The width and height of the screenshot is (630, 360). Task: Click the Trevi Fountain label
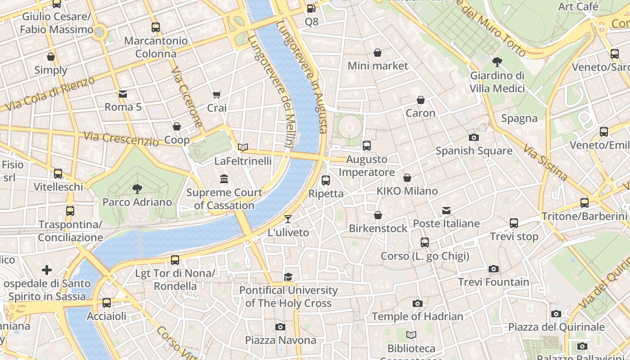point(494,282)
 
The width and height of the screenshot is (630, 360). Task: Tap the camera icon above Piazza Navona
point(280,327)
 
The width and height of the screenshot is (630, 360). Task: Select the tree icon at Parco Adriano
point(137,189)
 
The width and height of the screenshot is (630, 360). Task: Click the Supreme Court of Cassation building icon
point(224,179)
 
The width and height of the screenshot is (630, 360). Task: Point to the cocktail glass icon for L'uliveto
point(288,219)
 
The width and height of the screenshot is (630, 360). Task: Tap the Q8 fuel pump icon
point(311,8)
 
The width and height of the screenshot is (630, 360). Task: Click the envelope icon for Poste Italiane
point(446,211)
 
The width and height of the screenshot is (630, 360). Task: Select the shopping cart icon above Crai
point(217,94)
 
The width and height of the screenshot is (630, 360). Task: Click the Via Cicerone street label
point(187,97)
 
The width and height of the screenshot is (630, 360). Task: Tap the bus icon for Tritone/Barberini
point(585,203)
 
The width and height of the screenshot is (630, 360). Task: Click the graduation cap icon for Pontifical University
point(288,277)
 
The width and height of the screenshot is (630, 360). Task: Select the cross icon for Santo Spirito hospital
point(47,270)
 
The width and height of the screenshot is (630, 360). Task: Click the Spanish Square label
point(474,151)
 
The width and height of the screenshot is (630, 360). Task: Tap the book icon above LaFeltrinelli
point(243,147)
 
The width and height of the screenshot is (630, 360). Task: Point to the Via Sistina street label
point(545,162)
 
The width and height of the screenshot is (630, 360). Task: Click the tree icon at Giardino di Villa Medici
point(497,62)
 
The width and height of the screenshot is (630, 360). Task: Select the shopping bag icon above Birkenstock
point(378,215)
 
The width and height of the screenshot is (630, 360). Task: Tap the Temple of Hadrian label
point(417,316)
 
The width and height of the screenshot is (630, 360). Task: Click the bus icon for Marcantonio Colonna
point(156,27)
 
